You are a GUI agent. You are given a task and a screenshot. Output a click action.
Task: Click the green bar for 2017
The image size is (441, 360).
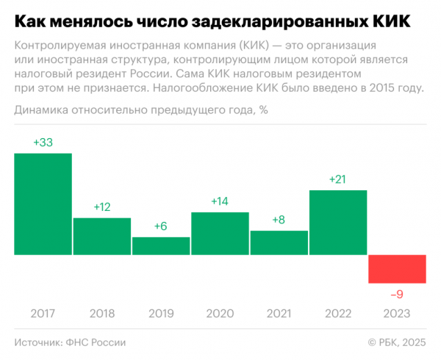[43, 204]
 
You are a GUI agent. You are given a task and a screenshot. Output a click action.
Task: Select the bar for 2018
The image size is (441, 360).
[102, 237]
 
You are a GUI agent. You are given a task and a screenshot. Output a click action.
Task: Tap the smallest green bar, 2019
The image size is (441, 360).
[161, 246]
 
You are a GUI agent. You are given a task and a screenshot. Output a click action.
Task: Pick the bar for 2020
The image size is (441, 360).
[220, 234]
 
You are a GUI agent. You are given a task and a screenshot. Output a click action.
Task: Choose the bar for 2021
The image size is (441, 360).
[279, 243]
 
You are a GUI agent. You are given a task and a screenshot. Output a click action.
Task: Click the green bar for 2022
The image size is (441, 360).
[338, 223]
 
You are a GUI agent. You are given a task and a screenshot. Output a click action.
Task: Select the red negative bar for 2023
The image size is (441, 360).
[397, 269]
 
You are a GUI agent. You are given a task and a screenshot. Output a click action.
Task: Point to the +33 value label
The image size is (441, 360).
[43, 143]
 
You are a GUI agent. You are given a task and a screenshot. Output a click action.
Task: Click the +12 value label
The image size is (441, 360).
[102, 207]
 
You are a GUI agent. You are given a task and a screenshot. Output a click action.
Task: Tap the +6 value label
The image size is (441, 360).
[161, 226]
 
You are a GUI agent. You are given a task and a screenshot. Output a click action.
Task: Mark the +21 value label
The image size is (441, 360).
[338, 180]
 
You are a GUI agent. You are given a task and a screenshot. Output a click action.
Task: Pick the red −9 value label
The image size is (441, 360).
[397, 294]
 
